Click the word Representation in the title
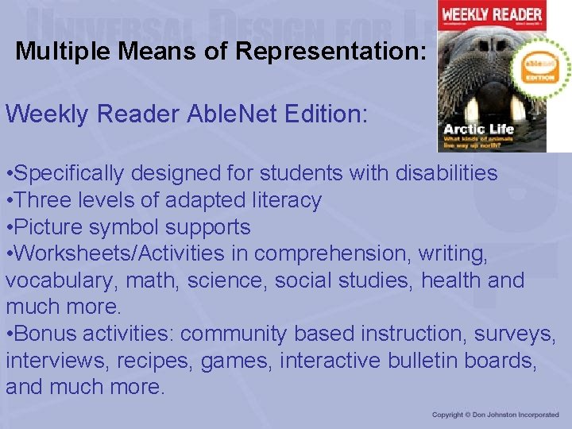(x=330, y=52)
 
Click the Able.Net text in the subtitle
(x=225, y=114)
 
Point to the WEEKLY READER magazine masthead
(x=492, y=15)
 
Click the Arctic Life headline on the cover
(x=479, y=129)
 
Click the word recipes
(x=154, y=361)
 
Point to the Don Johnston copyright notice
(x=496, y=415)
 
